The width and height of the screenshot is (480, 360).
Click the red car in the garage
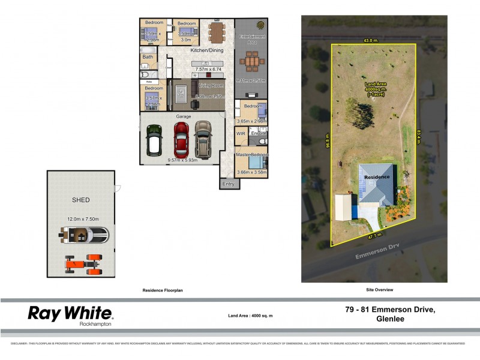click(x=181, y=138)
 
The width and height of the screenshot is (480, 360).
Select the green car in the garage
click(x=155, y=139)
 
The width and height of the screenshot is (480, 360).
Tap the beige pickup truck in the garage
click(x=203, y=138)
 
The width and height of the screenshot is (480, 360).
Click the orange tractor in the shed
click(x=83, y=263)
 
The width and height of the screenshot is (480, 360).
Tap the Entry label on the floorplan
click(x=228, y=184)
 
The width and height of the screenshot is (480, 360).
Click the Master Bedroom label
click(x=252, y=155)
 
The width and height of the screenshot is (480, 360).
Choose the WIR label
click(x=241, y=133)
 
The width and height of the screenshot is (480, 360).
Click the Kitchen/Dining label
click(x=206, y=50)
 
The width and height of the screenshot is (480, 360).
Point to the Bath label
click(x=148, y=57)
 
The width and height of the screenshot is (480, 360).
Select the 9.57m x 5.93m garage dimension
click(x=184, y=160)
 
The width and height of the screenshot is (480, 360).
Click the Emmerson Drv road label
click(x=361, y=259)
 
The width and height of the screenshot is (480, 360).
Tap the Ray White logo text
click(x=70, y=313)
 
